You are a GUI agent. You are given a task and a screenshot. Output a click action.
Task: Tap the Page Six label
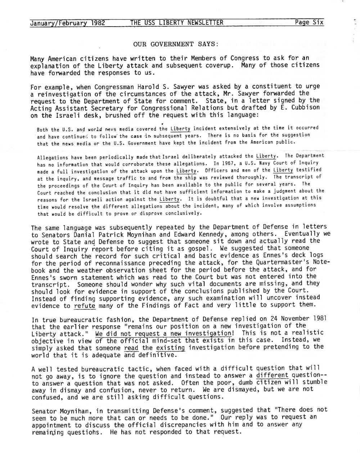click(309, 23)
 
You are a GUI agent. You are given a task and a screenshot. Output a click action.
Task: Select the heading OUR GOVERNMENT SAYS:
click(176, 45)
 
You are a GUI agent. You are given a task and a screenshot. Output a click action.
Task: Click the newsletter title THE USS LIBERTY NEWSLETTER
click(177, 23)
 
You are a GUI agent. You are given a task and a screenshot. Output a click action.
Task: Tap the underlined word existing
click(171, 347)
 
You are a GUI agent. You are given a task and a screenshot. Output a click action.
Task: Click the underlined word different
click(272, 375)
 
